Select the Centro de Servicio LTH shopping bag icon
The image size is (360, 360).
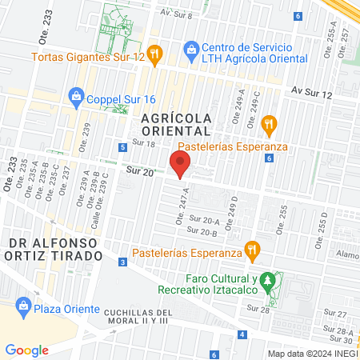click(x=191, y=50)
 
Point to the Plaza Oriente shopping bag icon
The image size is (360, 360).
click(x=24, y=306)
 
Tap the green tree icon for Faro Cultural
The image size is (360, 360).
click(x=278, y=279)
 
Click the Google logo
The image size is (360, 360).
click(x=26, y=350)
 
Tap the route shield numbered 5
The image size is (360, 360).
click(x=122, y=147)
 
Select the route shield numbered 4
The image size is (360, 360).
click(x=242, y=334)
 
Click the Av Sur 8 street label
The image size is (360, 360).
click(x=176, y=14)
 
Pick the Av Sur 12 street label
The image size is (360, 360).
click(x=311, y=94)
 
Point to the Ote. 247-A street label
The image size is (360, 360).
click(x=182, y=206)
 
